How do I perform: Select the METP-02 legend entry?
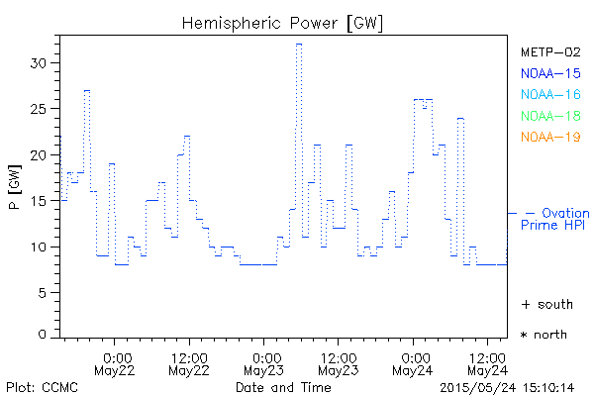pos(550,51)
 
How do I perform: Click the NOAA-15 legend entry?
pos(550,72)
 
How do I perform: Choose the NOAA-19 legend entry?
pos(550,137)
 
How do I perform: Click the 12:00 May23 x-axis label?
pos(338,363)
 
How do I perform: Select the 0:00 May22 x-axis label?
pos(116,363)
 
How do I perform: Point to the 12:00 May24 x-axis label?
pos(486,363)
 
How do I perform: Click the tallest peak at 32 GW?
pos(298,45)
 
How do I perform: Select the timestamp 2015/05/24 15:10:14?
pos(508,387)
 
